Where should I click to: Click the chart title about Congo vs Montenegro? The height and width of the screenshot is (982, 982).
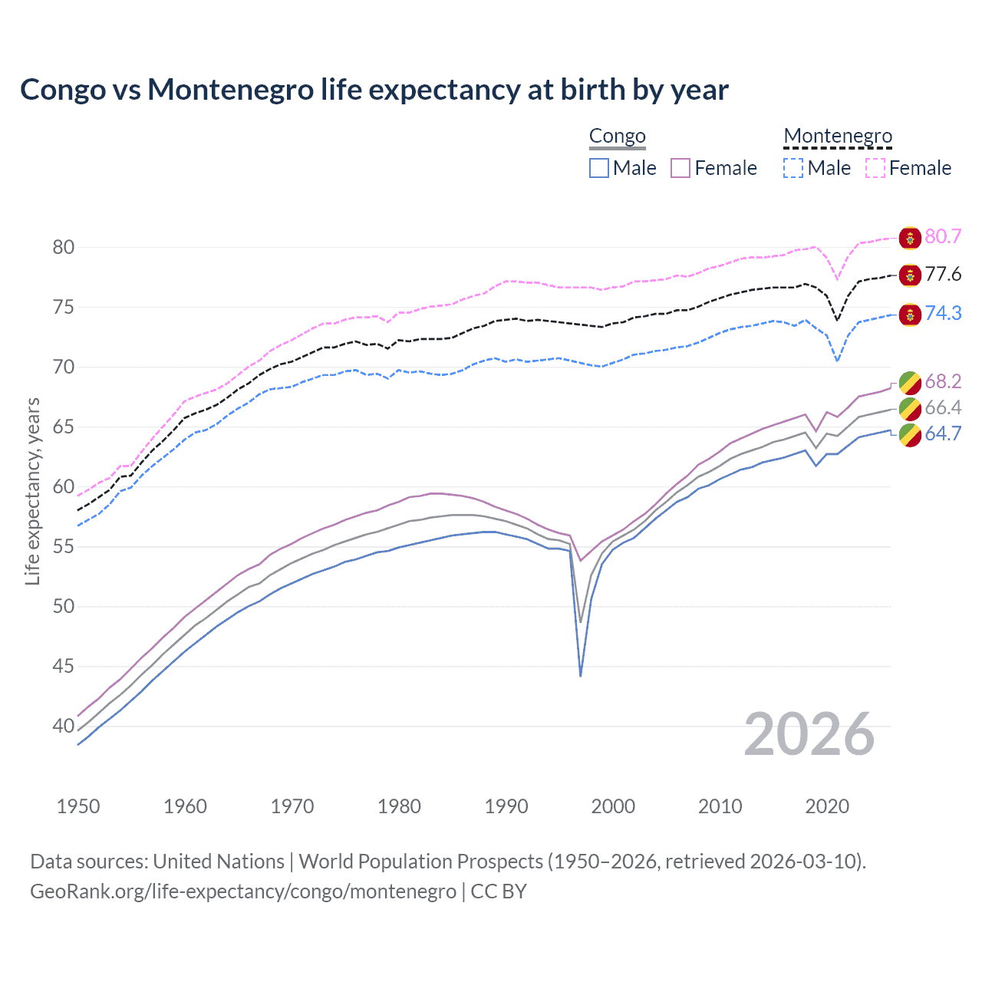[374, 90]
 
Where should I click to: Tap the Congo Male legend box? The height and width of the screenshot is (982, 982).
[599, 168]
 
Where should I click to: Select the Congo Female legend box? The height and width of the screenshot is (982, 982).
[680, 168]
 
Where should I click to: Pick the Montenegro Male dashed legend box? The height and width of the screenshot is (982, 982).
[793, 168]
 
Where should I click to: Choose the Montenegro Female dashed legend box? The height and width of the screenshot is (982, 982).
[875, 168]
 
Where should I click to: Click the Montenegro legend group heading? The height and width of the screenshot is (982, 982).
[838, 137]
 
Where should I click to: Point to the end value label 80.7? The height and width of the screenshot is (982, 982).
[943, 237]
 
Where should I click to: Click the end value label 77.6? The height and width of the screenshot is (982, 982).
[943, 275]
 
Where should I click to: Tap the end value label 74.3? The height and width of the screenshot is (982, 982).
[943, 313]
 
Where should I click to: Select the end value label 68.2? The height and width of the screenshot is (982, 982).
[943, 382]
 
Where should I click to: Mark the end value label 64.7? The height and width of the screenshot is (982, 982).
[943, 434]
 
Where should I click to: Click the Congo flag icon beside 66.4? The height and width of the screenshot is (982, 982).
[910, 408]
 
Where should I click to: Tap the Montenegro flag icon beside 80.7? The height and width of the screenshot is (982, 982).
[910, 238]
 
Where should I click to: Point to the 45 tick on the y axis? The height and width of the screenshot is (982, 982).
[64, 667]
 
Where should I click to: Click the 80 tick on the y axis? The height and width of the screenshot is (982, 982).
[64, 247]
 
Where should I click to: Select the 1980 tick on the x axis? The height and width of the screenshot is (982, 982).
[399, 806]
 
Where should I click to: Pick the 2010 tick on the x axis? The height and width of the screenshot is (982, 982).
[720, 806]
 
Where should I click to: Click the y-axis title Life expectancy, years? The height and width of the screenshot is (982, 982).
[32, 491]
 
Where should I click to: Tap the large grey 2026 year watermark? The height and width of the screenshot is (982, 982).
[809, 734]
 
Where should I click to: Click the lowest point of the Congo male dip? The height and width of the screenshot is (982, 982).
[581, 676]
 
